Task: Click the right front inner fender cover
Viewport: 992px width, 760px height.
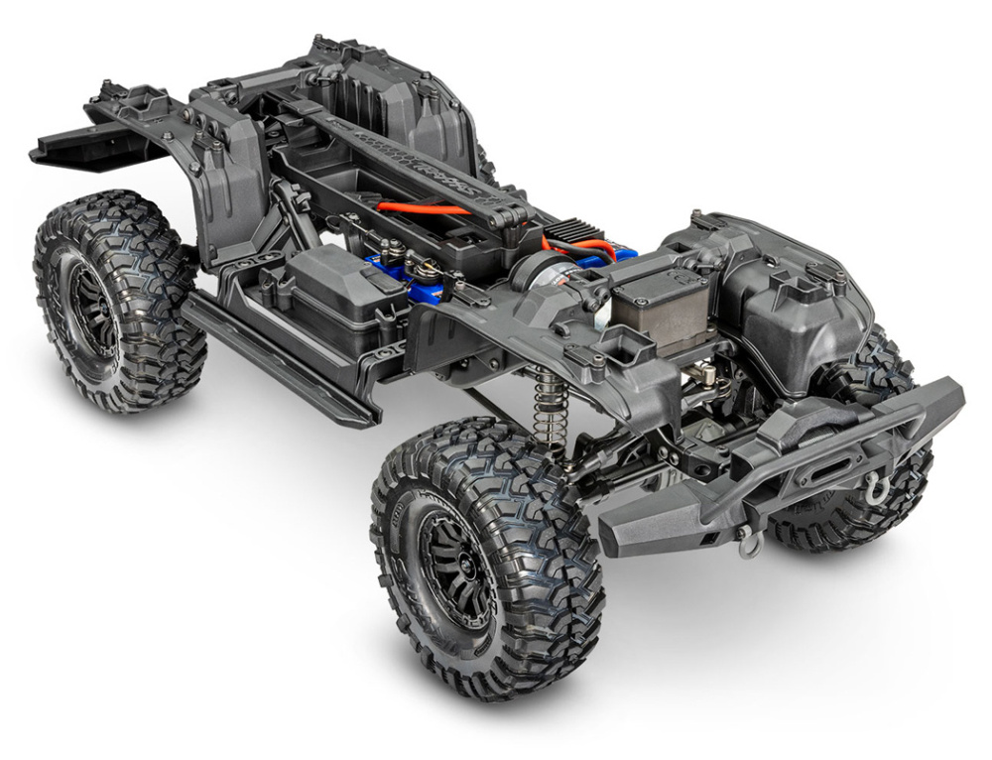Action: (x=794, y=298)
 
